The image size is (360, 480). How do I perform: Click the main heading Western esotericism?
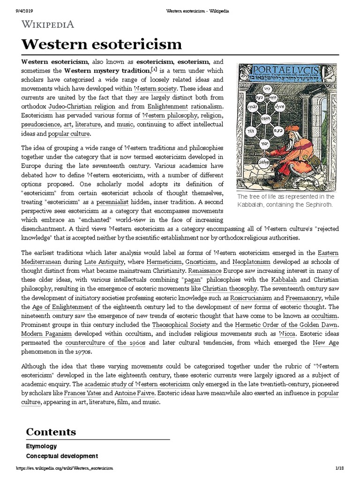pyautogui.click(x=101, y=45)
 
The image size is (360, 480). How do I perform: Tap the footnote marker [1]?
pyautogui.click(x=154, y=69)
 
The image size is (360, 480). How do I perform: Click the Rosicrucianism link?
pyautogui.click(x=251, y=298)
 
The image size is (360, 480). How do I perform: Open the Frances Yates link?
pyautogui.click(x=82, y=393)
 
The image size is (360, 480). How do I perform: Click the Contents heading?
pyautogui.click(x=51, y=432)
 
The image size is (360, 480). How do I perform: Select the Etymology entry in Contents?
pyautogui.click(x=41, y=446)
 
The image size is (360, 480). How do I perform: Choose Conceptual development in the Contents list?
pyautogui.click(x=62, y=456)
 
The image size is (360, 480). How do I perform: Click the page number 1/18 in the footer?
pyautogui.click(x=340, y=468)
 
